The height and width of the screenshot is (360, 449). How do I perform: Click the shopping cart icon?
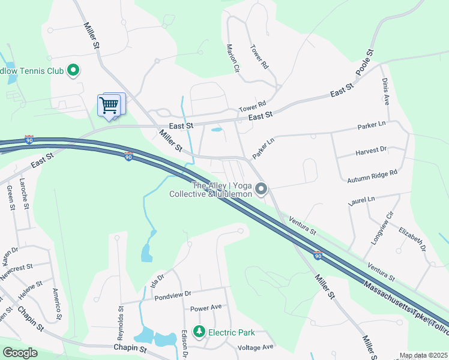tap(109, 106)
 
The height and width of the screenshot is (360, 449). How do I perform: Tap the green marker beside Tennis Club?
tap(73, 71)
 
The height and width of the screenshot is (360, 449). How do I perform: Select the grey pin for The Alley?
tap(261, 190)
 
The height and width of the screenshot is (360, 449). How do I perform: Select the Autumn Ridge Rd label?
tap(373, 176)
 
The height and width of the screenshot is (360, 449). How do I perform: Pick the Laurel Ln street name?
tap(361, 202)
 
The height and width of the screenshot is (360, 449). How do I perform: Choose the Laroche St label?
tap(24, 193)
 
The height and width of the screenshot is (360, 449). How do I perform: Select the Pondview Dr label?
tap(172, 295)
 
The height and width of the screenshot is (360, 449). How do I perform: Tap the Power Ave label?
tap(206, 308)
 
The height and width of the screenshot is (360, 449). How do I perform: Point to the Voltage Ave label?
tap(255, 347)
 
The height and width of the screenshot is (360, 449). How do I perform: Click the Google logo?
tap(20, 353)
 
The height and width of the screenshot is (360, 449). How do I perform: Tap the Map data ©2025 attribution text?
tap(423, 355)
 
